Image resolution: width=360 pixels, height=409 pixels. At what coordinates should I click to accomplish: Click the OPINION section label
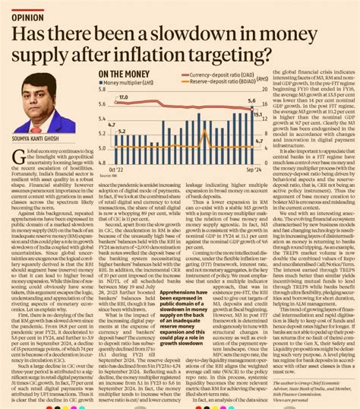point(28,13)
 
